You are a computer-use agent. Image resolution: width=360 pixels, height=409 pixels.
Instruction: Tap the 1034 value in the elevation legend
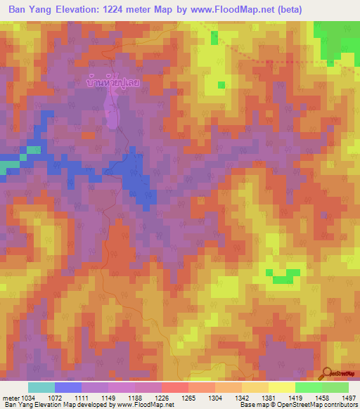click(27, 397)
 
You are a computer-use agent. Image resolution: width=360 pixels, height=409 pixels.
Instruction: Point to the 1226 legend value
click(161, 397)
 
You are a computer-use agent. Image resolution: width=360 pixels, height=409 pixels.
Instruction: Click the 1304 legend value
click(214, 397)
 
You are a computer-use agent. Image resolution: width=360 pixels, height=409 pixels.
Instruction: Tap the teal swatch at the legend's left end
click(41, 387)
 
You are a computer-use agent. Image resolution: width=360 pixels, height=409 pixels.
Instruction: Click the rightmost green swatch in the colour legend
click(335, 387)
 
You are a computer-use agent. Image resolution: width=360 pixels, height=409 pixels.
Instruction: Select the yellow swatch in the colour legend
click(281, 387)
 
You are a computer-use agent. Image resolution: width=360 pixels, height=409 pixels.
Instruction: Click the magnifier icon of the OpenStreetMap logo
click(326, 372)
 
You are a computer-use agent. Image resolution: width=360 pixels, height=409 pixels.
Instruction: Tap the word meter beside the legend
click(10, 397)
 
